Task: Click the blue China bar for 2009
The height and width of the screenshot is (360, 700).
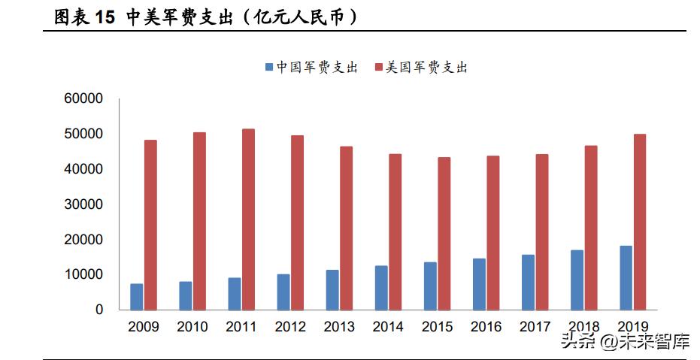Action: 136,297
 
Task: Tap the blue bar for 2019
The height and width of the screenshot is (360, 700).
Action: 626,278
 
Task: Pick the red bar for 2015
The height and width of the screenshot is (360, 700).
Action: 444,234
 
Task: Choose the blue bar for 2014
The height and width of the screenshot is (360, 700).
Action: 381,288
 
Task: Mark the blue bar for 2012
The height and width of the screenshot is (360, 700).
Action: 283,292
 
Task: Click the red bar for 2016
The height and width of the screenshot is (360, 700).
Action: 493,233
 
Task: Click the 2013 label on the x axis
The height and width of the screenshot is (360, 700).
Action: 339,327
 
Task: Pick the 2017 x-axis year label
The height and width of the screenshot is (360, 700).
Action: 535,327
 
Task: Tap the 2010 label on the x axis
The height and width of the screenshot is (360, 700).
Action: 192,327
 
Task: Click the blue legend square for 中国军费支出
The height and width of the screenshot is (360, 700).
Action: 268,68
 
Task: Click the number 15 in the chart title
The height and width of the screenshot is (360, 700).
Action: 105,18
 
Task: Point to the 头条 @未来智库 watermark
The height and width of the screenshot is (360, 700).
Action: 625,343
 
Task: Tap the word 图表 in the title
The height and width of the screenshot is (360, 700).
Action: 71,18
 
